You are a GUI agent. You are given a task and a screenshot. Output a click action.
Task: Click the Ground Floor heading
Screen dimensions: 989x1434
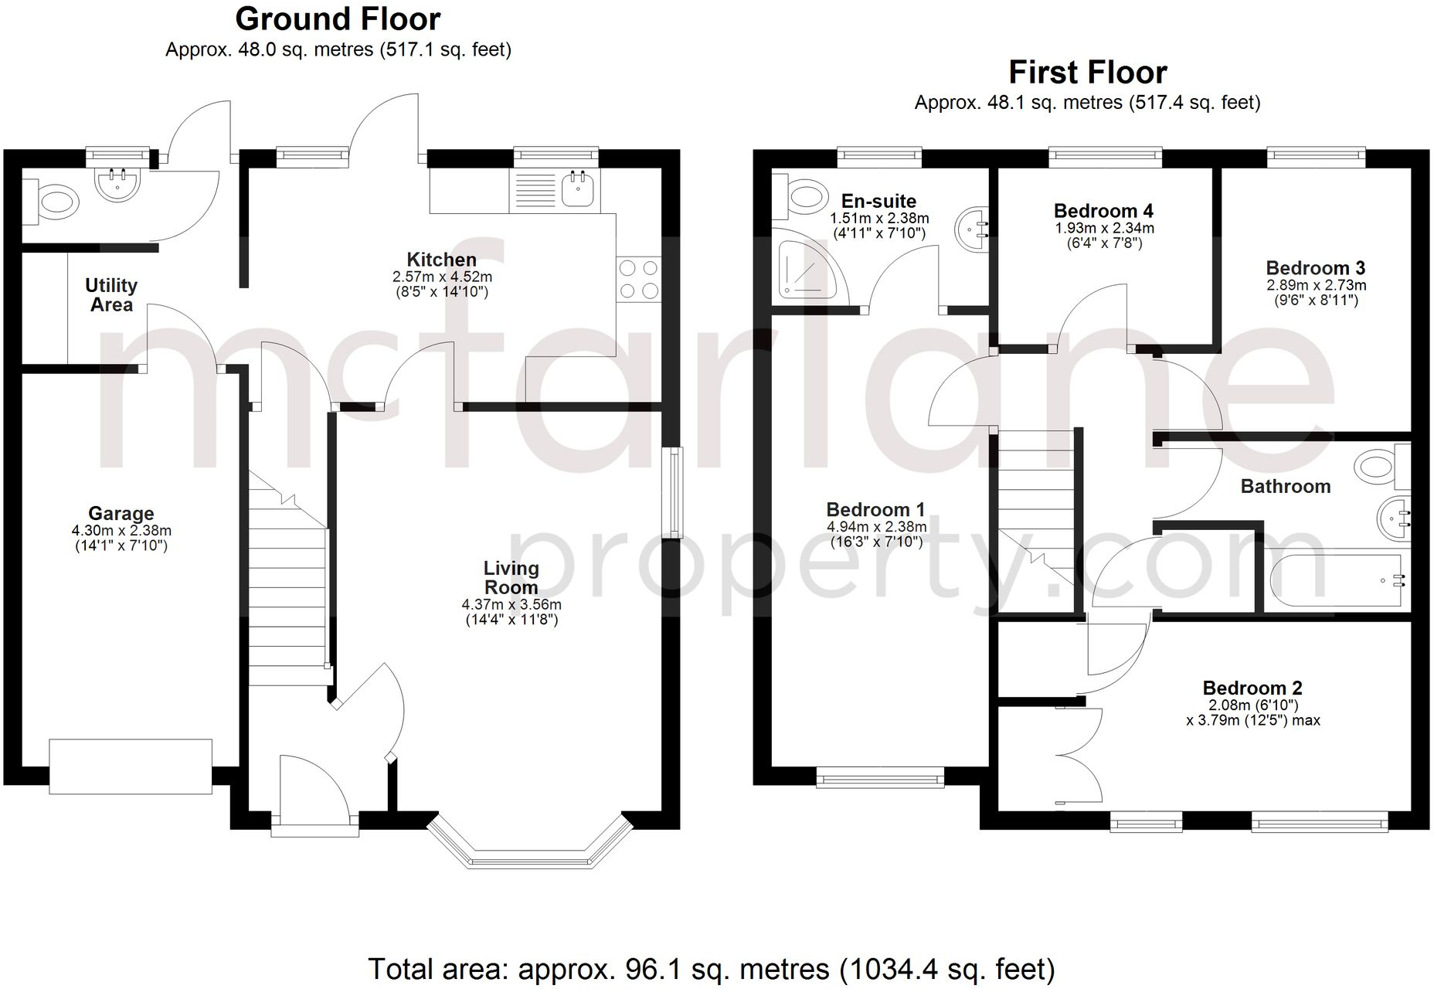click(338, 19)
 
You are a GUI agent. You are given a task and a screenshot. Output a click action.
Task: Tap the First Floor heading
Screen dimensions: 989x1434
click(1087, 73)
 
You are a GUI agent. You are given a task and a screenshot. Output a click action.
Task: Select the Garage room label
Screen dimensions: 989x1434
click(121, 513)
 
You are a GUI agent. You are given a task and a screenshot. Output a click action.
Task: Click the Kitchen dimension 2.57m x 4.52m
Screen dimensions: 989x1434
click(442, 277)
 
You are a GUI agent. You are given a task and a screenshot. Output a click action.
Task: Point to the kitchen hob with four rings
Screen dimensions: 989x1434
click(639, 280)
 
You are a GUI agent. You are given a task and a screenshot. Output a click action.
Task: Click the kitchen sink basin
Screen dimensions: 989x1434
click(577, 188)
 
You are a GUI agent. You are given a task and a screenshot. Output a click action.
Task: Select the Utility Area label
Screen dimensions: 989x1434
click(111, 295)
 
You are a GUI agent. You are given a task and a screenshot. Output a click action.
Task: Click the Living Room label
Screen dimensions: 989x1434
click(511, 577)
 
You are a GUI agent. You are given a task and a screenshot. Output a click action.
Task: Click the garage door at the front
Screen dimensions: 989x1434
click(131, 766)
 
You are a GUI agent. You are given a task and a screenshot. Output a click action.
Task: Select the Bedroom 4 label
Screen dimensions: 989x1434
click(1103, 211)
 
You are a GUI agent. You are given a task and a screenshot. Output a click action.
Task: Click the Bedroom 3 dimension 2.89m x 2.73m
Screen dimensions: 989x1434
click(1316, 285)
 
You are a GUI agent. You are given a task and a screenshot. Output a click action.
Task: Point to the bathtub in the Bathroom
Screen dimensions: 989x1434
click(1337, 579)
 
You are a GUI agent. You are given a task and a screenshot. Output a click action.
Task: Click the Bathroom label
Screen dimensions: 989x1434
click(1285, 486)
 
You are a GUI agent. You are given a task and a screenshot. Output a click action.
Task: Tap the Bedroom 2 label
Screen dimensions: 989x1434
click(1252, 688)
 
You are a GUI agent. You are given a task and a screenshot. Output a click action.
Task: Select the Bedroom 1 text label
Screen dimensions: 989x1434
click(875, 510)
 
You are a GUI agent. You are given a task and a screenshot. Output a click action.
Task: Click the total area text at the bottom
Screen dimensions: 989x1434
click(711, 969)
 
